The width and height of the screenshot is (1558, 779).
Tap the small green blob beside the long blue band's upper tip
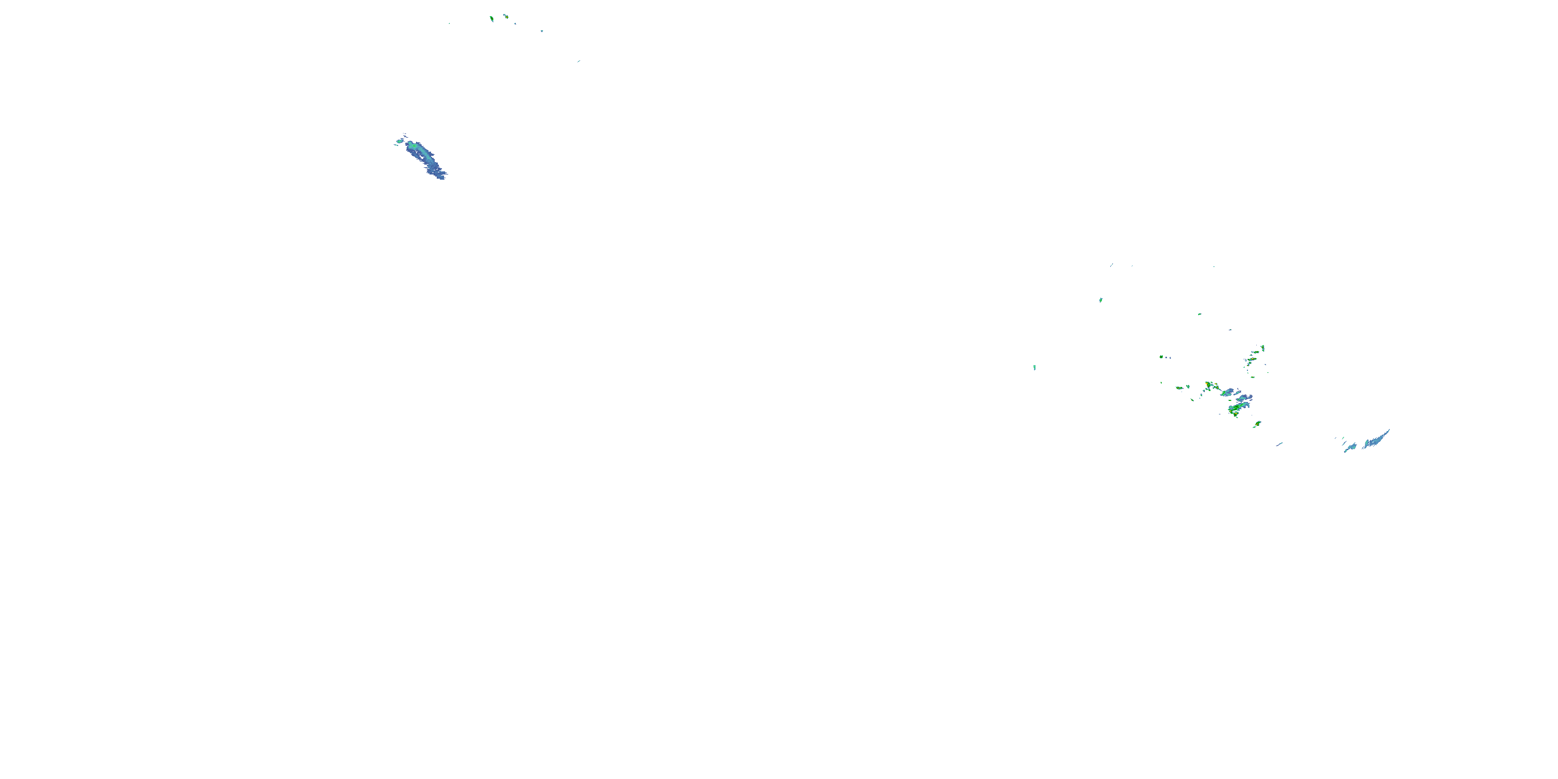[399, 142]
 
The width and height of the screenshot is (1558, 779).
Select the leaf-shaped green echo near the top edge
[492, 19]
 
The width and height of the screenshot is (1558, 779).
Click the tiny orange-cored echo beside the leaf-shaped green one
[506, 16]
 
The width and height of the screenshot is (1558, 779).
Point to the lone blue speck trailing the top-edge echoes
[542, 31]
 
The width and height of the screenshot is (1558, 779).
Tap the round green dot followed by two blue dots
[1161, 357]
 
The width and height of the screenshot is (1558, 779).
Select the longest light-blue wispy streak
[1377, 438]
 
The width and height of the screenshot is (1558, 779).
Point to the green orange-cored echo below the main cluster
[1257, 424]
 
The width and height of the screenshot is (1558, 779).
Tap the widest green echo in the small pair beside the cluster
[1179, 388]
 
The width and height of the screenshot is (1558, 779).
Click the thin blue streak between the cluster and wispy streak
[1280, 445]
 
